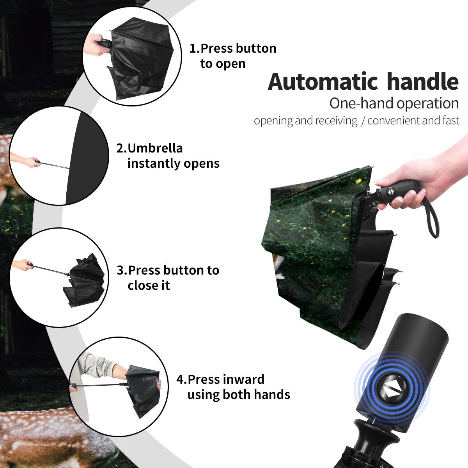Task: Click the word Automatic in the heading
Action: tap(323, 82)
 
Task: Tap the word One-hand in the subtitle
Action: tap(362, 103)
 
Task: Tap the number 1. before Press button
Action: tap(195, 48)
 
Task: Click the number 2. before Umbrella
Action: tap(121, 148)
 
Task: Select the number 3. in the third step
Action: tap(122, 270)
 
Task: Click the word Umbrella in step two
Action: tap(155, 148)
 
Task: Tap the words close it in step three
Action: tap(149, 285)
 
